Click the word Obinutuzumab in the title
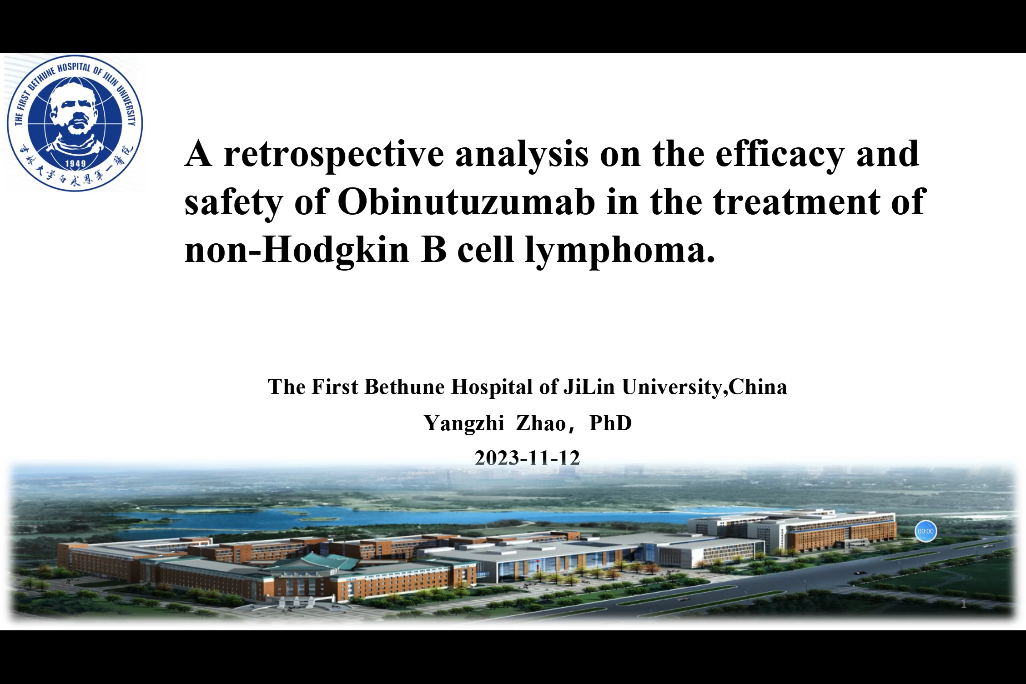tap(466, 201)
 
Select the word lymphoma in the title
tap(620, 251)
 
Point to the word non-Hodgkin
tap(297, 251)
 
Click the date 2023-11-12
tap(527, 458)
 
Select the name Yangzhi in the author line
tap(464, 424)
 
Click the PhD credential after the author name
tap(610, 423)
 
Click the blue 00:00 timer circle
tap(925, 531)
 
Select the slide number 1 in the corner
tap(963, 604)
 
